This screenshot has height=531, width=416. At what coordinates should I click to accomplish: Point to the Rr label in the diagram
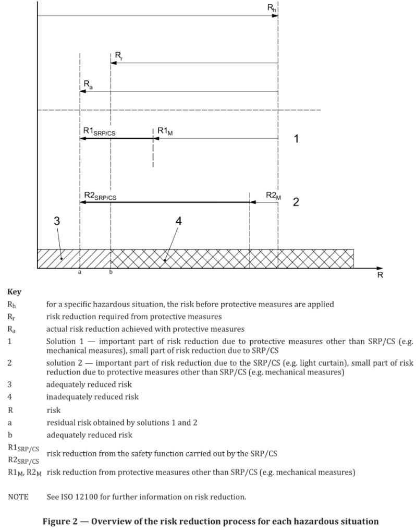(119, 55)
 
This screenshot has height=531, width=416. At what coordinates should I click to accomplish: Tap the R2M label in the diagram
(273, 196)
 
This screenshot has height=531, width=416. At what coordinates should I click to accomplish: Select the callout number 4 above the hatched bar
(178, 221)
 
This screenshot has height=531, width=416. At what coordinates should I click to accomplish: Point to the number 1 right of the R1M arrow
(296, 139)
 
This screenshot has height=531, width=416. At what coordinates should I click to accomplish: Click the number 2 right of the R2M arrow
(296, 202)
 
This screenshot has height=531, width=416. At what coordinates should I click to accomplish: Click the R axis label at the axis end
(380, 275)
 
